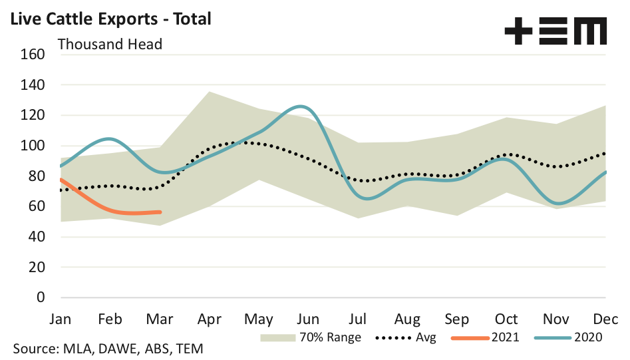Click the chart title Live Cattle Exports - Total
(x=109, y=19)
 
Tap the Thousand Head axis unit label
(x=110, y=45)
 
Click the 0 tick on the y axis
(x=40, y=297)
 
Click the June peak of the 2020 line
(x=301, y=106)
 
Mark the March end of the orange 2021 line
(x=160, y=212)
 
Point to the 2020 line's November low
(x=558, y=204)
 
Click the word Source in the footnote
(x=34, y=349)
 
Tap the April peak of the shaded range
(x=210, y=92)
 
